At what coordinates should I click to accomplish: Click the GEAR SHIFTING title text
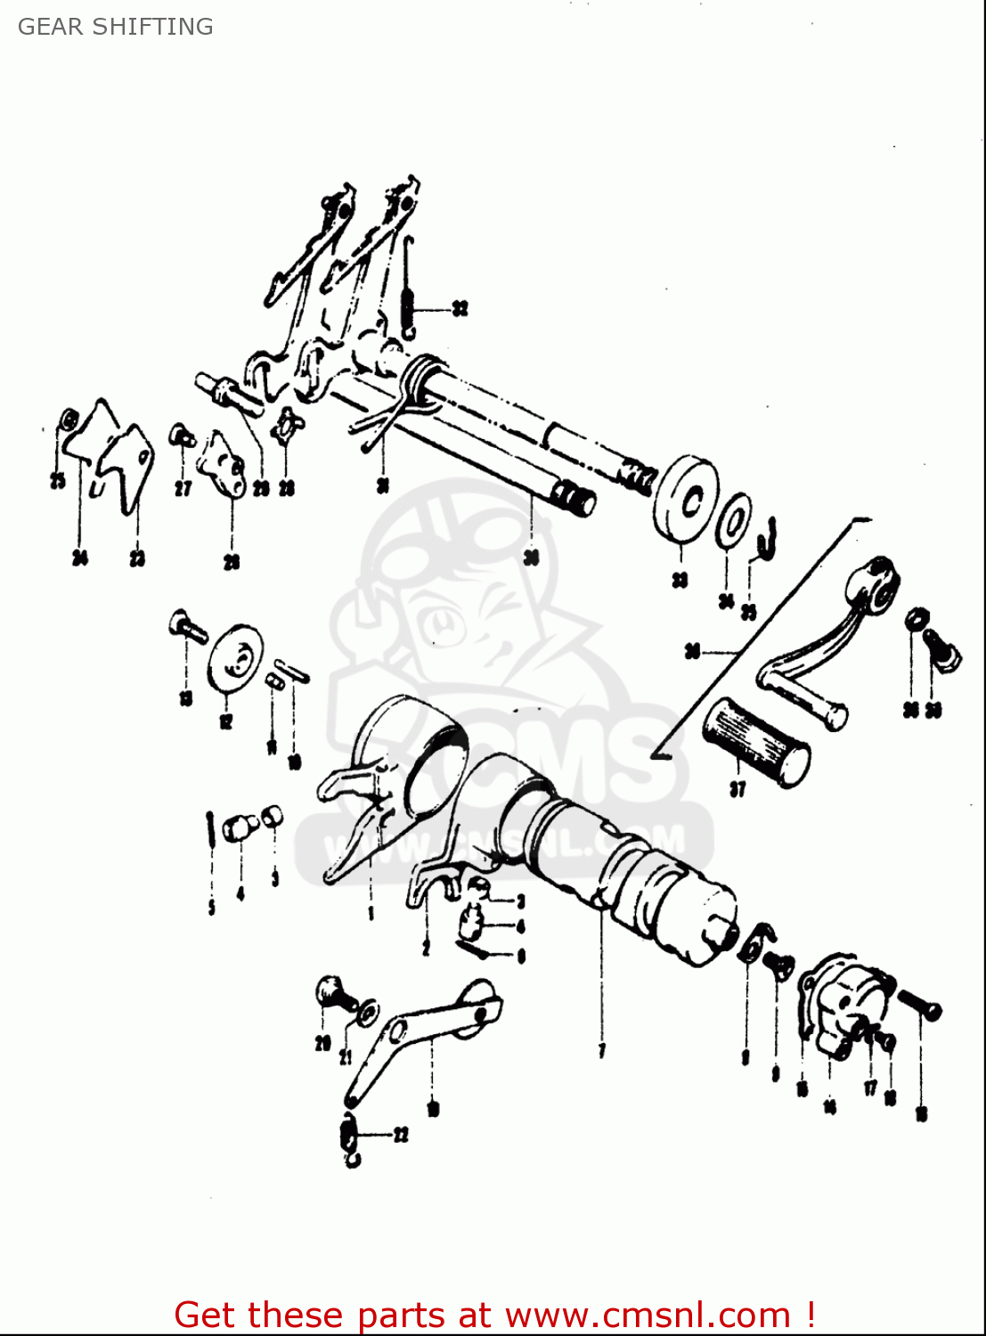coord(116,27)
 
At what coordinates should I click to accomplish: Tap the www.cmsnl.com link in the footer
coord(648,1315)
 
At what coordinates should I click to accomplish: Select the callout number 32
coord(460,309)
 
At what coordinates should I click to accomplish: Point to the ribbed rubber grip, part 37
coord(756,741)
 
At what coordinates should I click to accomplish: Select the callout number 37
coord(737,789)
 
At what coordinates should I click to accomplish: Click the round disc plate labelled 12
coord(235,656)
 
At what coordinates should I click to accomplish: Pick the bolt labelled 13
coord(187,625)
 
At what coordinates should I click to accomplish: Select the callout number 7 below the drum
coord(602,1051)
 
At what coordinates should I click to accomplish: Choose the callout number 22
coord(401,1135)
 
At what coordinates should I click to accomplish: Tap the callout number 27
coord(183,488)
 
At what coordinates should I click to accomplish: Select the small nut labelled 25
coord(68,420)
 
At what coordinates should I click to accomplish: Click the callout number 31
coord(383,485)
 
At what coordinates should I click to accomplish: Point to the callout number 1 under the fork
coord(371,913)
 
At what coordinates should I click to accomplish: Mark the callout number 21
coord(346,1058)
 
